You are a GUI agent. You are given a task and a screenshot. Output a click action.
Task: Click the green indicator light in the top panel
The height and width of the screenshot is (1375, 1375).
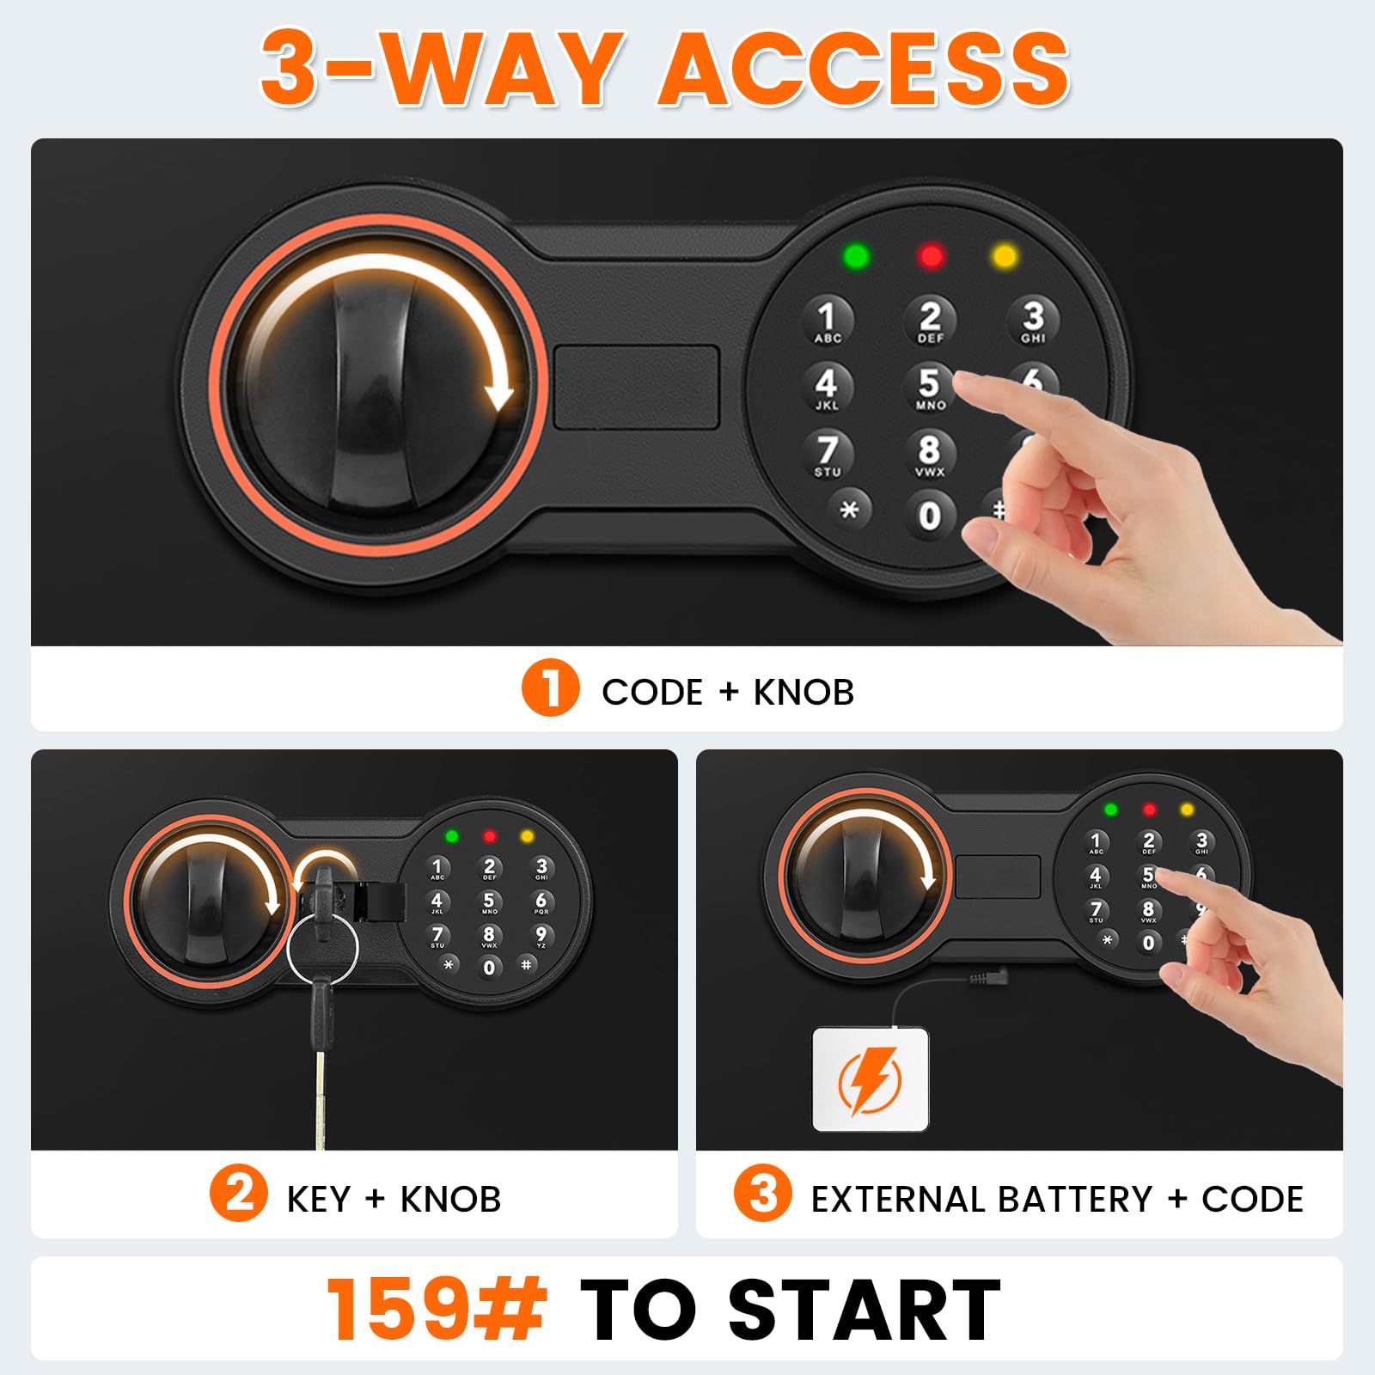click(857, 256)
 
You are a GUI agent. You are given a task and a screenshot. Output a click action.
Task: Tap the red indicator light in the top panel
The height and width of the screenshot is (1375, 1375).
click(931, 256)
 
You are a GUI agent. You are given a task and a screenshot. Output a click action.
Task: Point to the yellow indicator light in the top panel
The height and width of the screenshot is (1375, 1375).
click(1005, 256)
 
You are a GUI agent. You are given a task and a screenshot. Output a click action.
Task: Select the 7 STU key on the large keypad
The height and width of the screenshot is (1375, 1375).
click(828, 455)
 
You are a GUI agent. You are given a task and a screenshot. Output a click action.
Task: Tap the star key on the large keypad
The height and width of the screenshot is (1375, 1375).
click(849, 510)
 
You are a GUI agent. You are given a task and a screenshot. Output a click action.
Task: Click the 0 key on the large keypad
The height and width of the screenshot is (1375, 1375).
click(929, 516)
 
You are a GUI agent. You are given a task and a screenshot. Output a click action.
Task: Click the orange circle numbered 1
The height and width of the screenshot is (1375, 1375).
click(550, 688)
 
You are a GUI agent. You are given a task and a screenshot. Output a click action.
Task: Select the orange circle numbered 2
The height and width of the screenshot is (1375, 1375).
click(239, 1193)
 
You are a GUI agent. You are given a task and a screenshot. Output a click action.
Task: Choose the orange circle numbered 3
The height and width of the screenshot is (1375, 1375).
click(762, 1193)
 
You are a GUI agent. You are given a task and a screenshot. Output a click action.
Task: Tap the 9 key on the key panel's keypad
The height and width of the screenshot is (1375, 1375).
click(541, 936)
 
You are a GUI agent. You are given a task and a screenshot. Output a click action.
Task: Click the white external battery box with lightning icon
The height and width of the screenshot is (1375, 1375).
click(871, 1079)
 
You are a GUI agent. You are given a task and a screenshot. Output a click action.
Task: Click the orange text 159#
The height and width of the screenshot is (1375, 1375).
click(437, 1308)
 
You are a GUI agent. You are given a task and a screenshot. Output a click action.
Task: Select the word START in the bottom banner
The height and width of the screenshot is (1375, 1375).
click(865, 1310)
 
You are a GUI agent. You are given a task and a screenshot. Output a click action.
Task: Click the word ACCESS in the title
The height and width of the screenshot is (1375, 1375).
click(865, 69)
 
